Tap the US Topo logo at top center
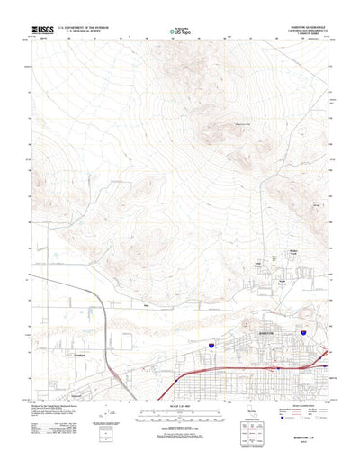point(181,33)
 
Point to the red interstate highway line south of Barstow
point(234,367)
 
